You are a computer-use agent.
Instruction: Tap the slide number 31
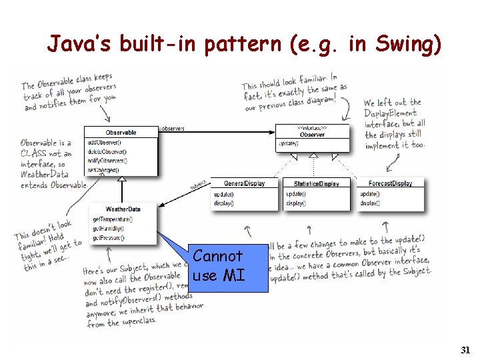[465, 350]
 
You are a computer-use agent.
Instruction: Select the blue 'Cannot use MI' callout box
[218, 265]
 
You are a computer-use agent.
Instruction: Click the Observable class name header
[121, 133]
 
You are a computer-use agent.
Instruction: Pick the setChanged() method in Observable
[102, 169]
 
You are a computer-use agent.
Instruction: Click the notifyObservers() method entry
[107, 161]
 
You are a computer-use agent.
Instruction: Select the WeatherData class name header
[123, 209]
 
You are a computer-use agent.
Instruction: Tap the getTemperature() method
[113, 219]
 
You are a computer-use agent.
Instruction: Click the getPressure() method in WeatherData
[109, 237]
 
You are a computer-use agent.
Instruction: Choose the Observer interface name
[312, 134]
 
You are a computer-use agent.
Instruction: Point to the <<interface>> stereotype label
[312, 127]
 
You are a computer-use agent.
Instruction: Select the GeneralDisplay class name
[244, 183]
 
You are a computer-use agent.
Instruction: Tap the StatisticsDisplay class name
[316, 183]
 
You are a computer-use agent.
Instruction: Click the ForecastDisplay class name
[390, 183]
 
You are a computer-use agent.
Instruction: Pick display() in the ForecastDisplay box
[370, 203]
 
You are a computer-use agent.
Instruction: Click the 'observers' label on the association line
[173, 128]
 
